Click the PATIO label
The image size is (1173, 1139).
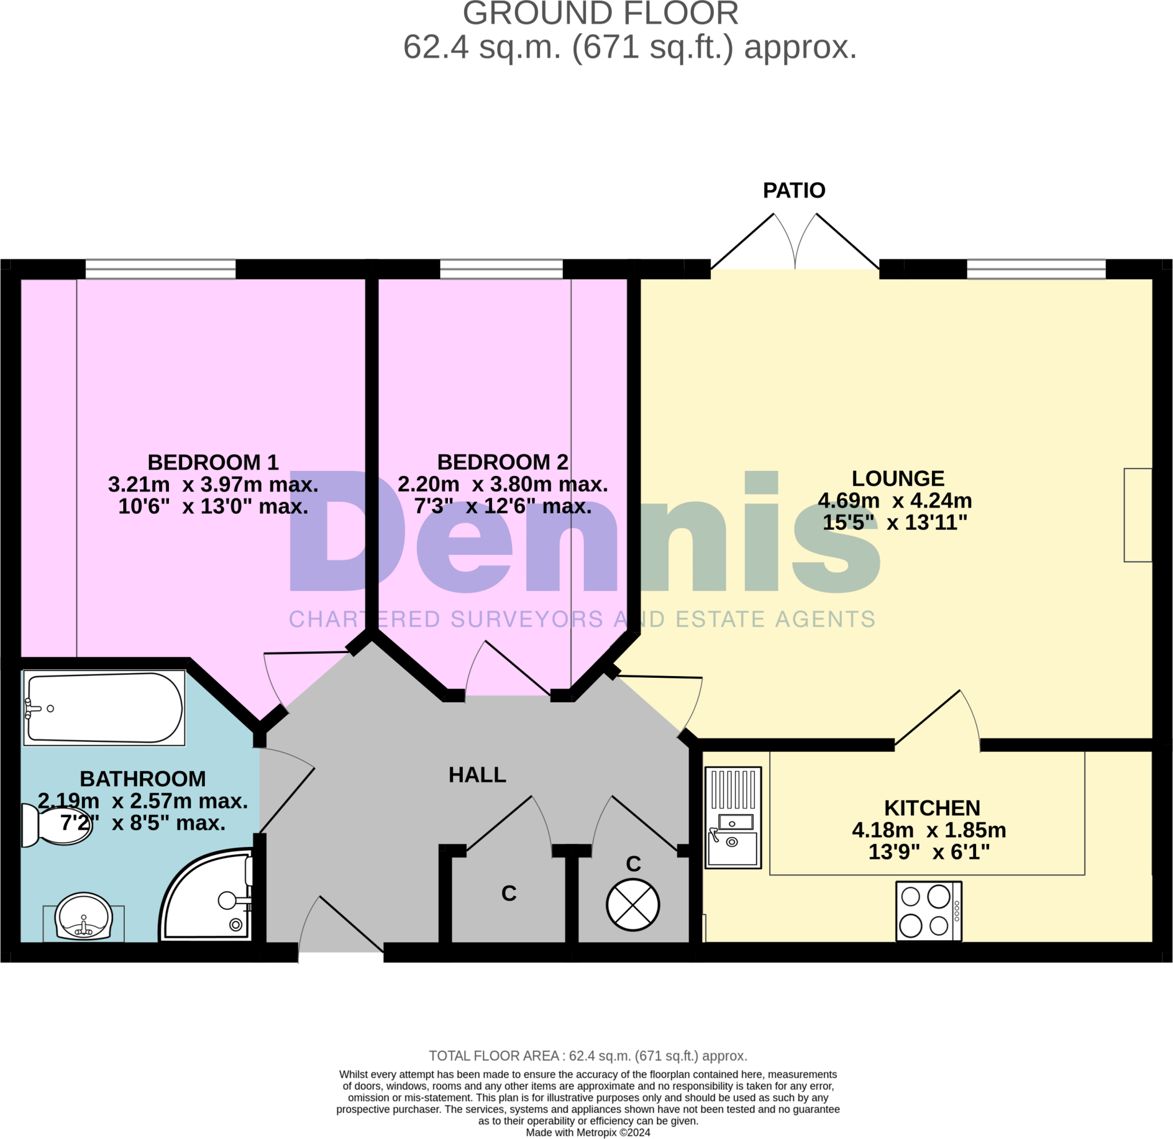coord(794,190)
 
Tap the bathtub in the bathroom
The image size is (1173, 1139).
coord(105,708)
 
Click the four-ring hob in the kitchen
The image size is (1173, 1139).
coord(928,911)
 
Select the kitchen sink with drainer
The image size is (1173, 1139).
coord(733,818)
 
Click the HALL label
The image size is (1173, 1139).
coord(477,775)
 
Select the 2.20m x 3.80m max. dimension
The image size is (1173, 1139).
coord(503,484)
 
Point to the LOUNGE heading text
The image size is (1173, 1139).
coord(898,478)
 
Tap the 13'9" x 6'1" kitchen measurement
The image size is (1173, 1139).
coord(929,852)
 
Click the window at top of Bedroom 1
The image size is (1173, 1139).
coord(160,269)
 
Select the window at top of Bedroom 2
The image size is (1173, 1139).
coord(502,269)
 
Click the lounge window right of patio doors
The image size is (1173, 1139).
coord(1036,269)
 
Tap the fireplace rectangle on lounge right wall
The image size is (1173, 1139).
coord(1137,514)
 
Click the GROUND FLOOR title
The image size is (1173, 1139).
coord(600,14)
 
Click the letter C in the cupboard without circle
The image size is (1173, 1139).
coord(509,893)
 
